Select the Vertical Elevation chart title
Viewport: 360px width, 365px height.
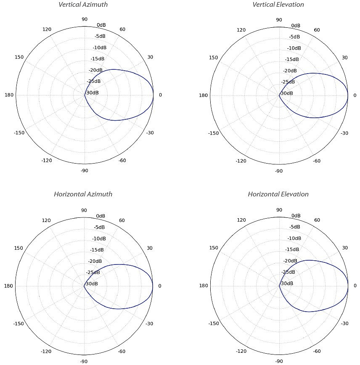point(278,5)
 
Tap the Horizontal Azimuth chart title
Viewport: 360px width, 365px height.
point(83,194)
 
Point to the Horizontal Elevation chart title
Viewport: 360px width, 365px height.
point(278,194)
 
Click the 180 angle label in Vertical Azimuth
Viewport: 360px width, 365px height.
point(9,95)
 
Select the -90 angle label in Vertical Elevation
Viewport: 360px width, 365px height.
point(279,171)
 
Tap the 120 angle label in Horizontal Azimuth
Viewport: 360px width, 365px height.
point(46,220)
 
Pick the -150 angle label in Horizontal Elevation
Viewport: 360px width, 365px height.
point(214,324)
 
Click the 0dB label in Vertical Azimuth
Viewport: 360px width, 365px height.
point(101,25)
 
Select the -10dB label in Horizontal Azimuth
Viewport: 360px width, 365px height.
point(99,238)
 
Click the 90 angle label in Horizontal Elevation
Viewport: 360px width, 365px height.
point(279,210)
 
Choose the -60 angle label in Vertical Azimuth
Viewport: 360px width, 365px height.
point(122,161)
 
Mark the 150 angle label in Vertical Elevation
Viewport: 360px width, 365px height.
point(213,58)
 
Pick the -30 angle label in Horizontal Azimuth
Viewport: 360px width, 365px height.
point(149,324)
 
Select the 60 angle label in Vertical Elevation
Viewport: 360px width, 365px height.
point(317,30)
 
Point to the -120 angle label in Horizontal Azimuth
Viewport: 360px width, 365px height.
point(46,351)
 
